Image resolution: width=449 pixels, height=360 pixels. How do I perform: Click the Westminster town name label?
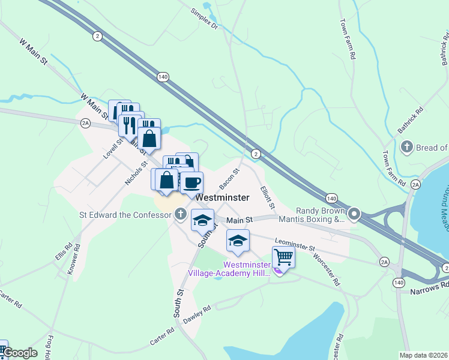coord(218,196)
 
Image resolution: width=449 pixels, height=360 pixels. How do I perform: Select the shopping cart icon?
coord(283,257)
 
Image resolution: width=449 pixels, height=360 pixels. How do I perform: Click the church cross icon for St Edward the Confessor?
coord(180,214)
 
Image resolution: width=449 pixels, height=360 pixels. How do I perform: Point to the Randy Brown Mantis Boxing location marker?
coord(354,214)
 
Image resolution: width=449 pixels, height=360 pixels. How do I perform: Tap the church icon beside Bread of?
coord(406,147)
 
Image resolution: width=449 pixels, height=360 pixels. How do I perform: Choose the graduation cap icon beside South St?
coord(203,220)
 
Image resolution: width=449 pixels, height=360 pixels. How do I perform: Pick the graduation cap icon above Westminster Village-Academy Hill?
coord(238,241)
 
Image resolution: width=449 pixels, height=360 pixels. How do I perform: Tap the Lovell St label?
coord(112,148)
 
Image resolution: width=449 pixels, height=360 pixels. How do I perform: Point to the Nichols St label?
coord(136,172)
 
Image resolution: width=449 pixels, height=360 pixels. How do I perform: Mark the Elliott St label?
coord(267,197)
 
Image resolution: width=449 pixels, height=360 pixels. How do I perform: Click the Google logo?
coord(20,352)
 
